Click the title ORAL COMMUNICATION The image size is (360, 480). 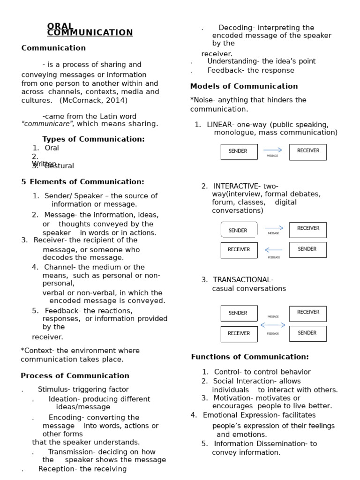tap(90, 30)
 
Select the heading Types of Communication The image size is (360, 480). tap(93, 139)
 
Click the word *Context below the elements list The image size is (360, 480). tap(33, 351)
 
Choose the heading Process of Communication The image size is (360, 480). tap(75, 376)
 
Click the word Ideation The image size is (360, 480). tap(62, 399)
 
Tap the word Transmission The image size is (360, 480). tap(69, 452)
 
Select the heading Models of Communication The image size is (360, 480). tap(244, 86)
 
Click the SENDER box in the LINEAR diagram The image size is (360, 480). tap(239, 151)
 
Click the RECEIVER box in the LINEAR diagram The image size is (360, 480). tap(307, 151)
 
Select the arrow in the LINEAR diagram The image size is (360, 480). tap(273, 150)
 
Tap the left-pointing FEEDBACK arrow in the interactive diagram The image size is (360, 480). tap(273, 250)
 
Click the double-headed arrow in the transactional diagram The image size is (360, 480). tap(273, 325)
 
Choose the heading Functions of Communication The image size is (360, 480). tap(250, 357)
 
